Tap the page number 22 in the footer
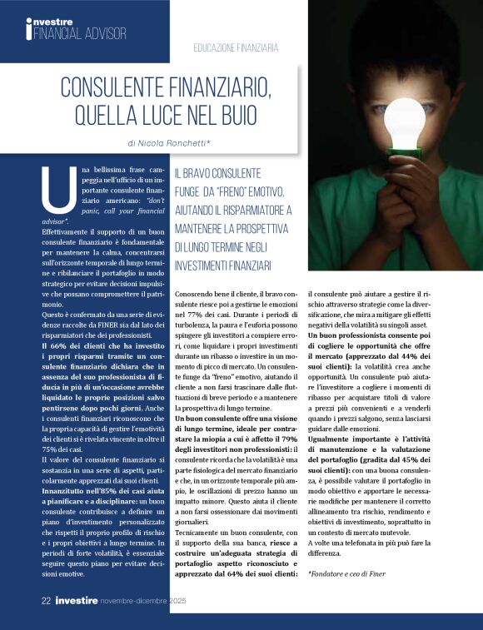(x=47, y=599)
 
